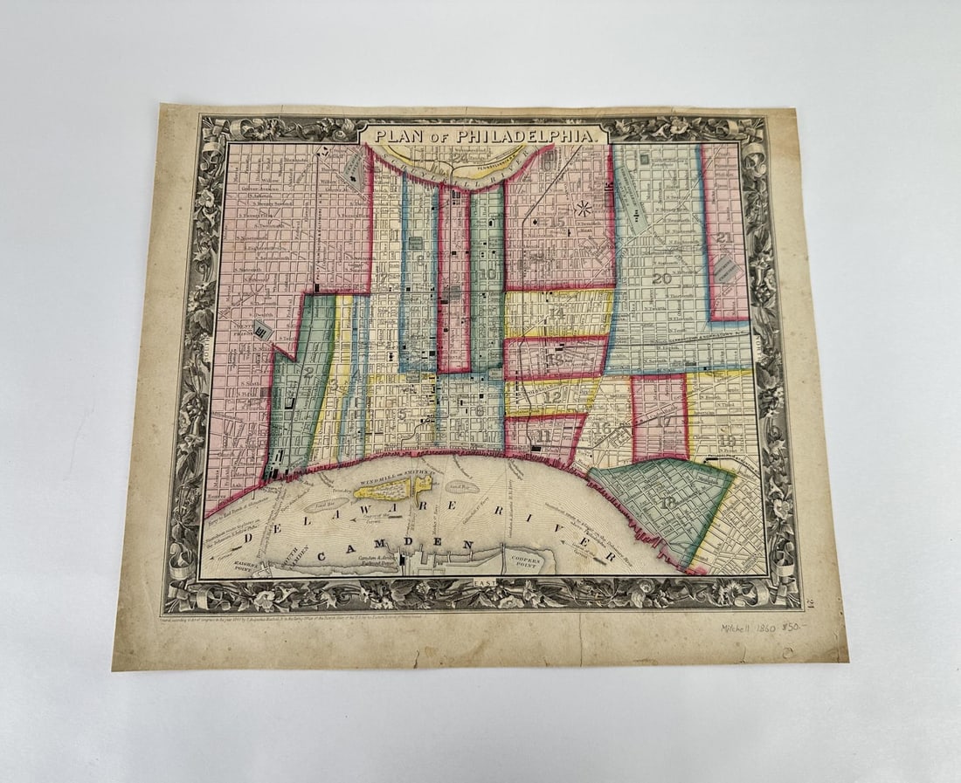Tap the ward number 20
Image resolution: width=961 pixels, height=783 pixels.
click(x=660, y=278)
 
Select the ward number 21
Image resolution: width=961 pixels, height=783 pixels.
click(x=723, y=237)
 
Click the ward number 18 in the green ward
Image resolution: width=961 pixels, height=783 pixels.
click(x=668, y=503)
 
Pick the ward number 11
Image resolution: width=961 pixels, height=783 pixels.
click(x=543, y=435)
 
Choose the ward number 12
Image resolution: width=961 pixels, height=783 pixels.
click(x=552, y=396)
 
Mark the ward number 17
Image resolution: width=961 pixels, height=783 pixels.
click(x=665, y=420)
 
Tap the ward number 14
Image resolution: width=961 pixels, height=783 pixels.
click(x=557, y=313)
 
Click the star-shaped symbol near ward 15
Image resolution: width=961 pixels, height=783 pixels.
click(x=584, y=209)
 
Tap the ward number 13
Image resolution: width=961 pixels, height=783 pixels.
click(x=554, y=359)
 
